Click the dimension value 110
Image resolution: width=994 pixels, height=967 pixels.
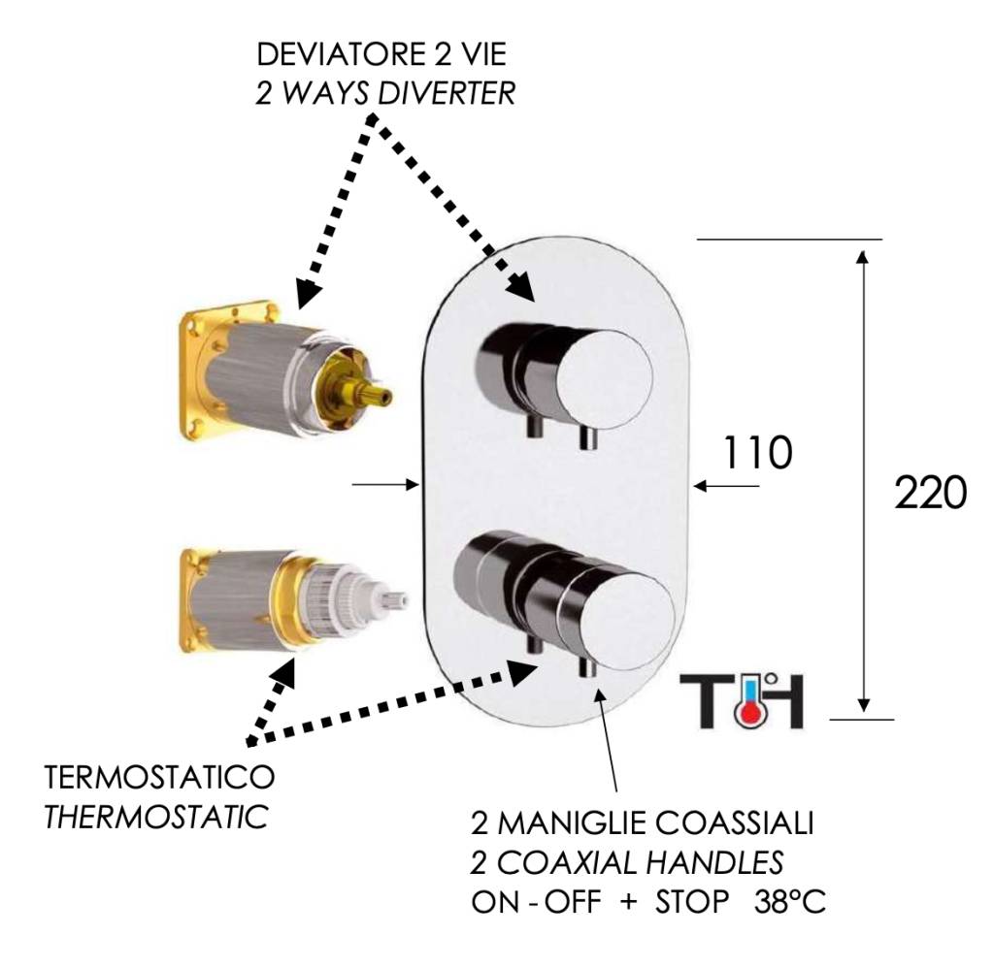tap(757, 452)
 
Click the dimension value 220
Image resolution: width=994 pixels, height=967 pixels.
tap(930, 493)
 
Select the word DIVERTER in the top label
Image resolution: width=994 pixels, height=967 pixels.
tap(446, 93)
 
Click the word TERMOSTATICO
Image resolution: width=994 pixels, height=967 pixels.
tap(159, 776)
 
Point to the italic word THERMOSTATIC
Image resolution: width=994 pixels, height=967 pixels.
tap(155, 817)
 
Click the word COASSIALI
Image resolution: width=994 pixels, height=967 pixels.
tap(734, 822)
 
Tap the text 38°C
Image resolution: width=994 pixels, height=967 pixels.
tap(790, 901)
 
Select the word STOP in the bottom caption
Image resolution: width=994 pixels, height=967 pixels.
tap(691, 901)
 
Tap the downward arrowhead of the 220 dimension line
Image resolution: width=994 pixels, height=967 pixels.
tap(863, 703)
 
